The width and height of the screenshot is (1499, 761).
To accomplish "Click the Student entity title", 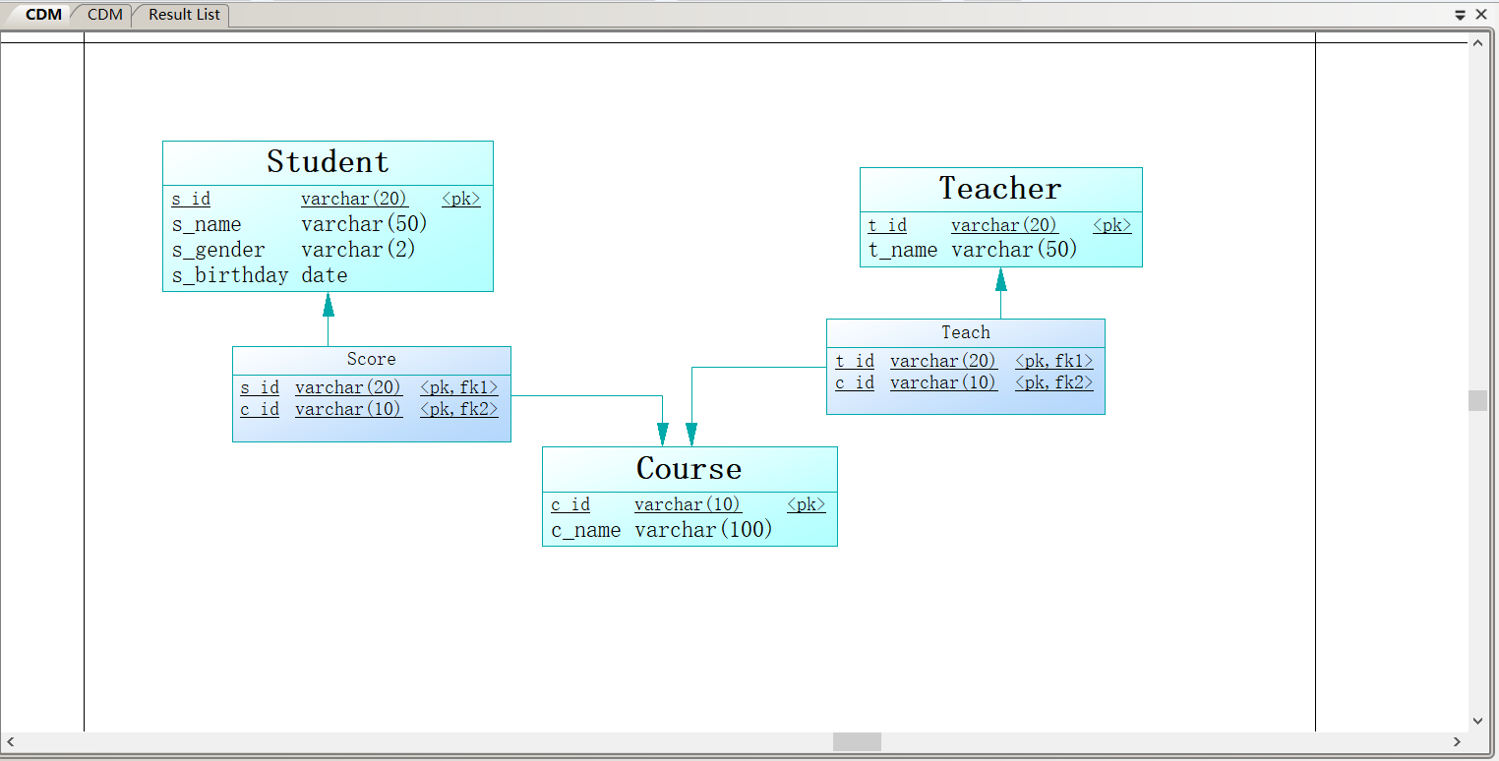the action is (x=328, y=162).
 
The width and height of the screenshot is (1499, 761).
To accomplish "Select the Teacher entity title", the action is (x=999, y=188).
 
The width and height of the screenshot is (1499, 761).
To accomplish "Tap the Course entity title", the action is (x=689, y=468).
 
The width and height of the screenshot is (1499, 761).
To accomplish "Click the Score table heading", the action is (x=372, y=359).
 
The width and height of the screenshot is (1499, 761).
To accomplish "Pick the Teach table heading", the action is (x=966, y=332).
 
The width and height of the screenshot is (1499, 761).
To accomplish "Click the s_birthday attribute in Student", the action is (x=229, y=275).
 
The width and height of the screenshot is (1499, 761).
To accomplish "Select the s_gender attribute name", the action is (x=218, y=250).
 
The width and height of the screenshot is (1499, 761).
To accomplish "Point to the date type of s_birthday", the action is (x=324, y=275).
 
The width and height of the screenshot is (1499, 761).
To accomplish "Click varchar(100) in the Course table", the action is (x=703, y=530).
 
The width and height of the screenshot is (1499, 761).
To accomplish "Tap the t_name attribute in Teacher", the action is (x=903, y=250).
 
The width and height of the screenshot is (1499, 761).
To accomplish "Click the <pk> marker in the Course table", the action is (x=806, y=504).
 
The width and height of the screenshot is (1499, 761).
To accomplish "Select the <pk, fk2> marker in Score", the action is (x=459, y=409).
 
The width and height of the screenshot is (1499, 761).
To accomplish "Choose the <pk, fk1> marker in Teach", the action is (x=1054, y=361).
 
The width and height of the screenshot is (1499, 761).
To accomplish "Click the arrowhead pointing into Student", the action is (x=328, y=305).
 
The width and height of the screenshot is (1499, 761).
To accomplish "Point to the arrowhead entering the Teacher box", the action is (x=1001, y=279).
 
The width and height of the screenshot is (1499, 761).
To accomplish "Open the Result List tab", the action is (x=184, y=15).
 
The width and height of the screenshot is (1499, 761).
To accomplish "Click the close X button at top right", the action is (x=1481, y=14).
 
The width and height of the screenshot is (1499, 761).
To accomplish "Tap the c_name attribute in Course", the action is (x=585, y=530).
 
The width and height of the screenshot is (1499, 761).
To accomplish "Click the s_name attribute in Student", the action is (x=207, y=225).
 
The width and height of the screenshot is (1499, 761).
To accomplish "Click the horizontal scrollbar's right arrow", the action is (x=1457, y=741).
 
